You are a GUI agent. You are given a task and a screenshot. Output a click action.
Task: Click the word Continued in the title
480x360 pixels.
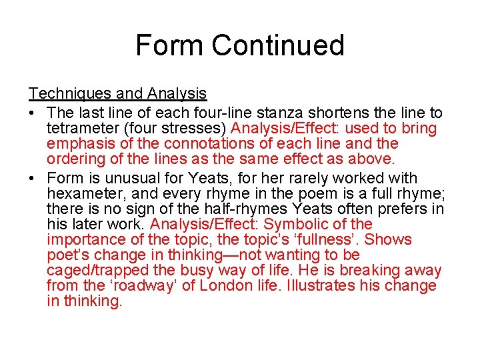coord(278,45)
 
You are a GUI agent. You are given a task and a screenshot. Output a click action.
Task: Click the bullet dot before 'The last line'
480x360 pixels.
coord(32,113)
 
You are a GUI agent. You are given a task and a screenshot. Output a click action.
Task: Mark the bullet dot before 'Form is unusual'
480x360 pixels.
coord(32,178)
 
